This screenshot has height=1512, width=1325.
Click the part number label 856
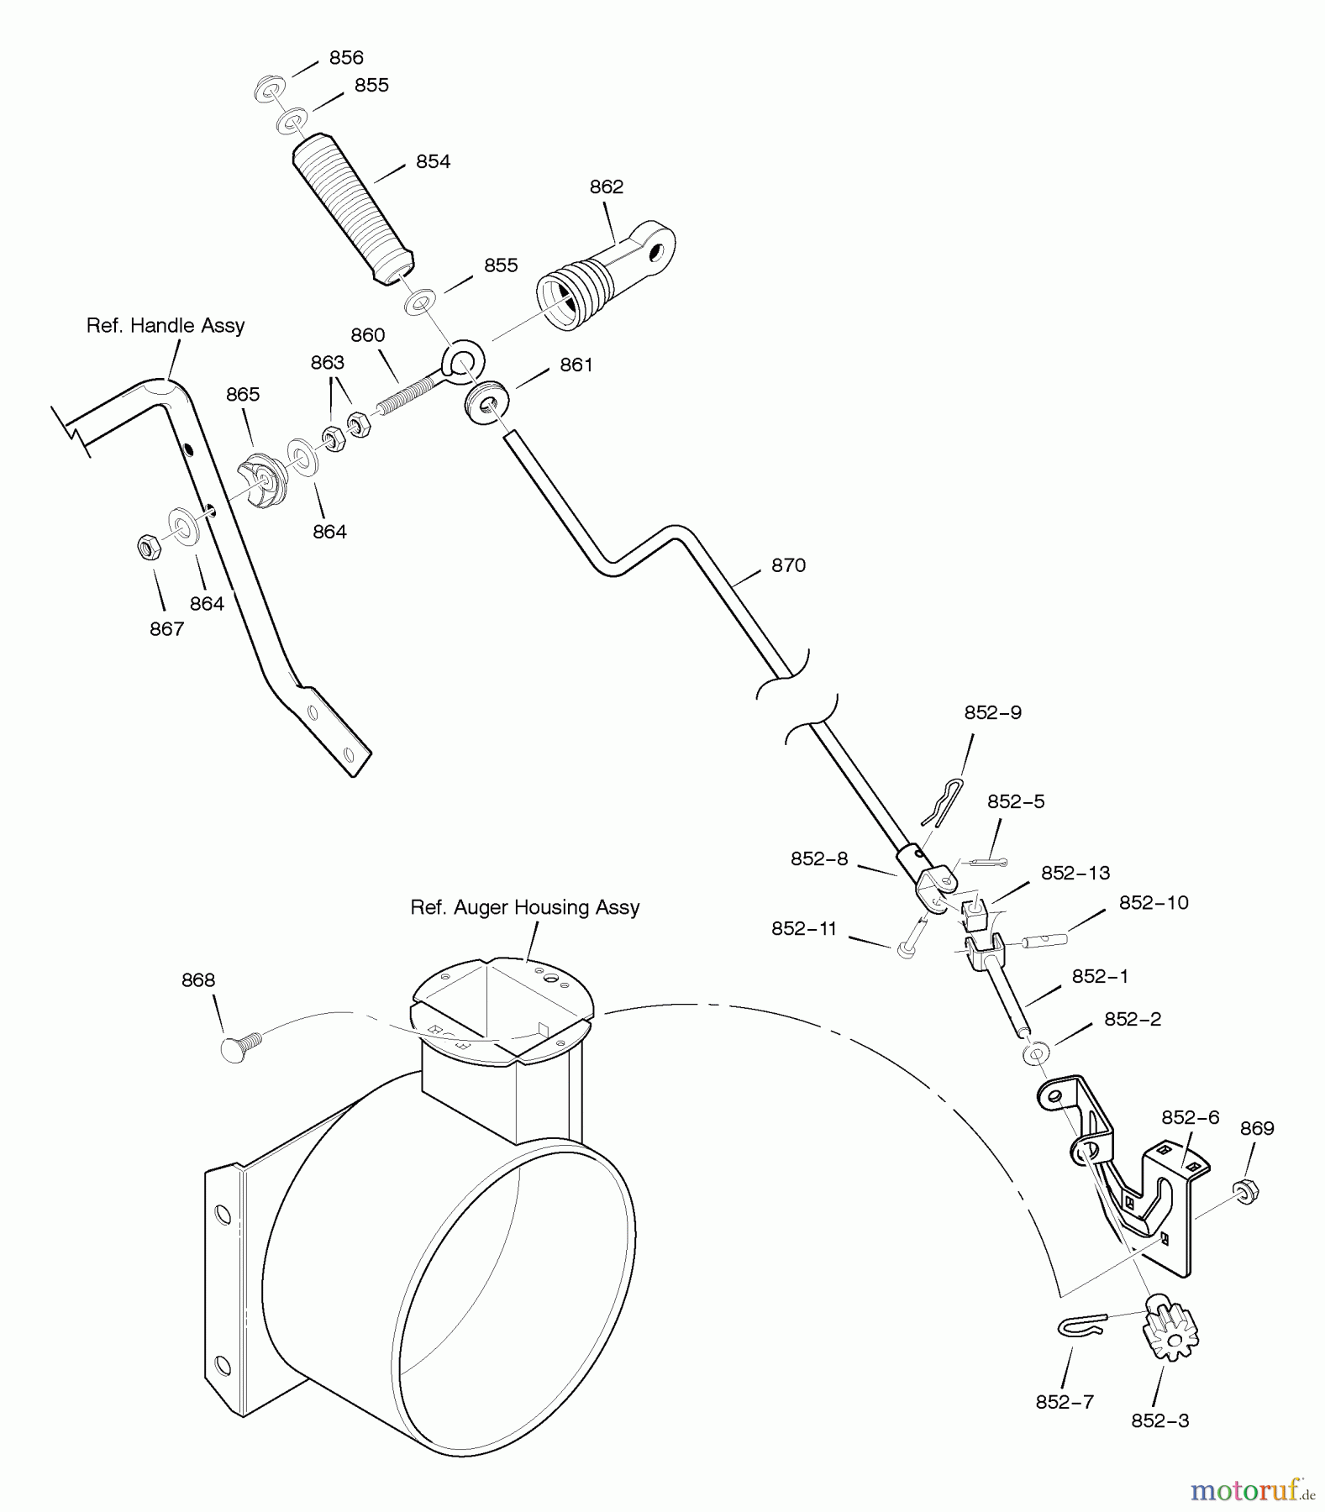tap(345, 57)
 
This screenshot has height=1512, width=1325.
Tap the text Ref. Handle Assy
tap(166, 325)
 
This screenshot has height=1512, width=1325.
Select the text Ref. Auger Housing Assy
tap(524, 907)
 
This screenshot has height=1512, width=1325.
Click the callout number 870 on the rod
tap(788, 565)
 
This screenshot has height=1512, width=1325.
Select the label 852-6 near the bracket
tap(1190, 1117)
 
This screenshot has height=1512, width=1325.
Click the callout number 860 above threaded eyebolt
tap(367, 335)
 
